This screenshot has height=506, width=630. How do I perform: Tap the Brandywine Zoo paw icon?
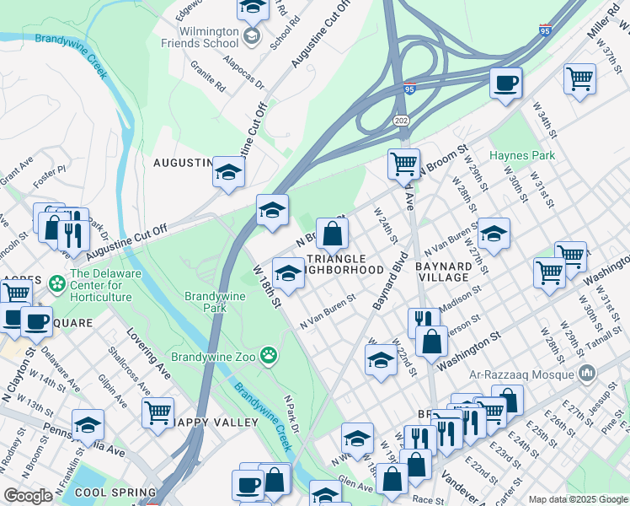(269, 355)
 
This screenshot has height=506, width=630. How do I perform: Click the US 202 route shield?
(400, 121)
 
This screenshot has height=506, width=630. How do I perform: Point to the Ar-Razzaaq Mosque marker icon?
(587, 372)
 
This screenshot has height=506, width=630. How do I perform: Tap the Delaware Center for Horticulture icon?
(57, 283)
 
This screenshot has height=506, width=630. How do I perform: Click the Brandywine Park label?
(206, 302)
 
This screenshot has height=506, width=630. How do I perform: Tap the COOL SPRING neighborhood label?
(115, 492)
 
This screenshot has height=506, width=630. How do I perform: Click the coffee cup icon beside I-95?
(506, 83)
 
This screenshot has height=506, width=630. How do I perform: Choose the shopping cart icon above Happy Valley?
(157, 412)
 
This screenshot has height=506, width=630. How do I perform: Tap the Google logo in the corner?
(28, 496)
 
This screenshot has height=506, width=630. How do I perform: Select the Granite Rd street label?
(207, 74)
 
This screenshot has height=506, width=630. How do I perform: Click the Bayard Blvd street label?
(388, 278)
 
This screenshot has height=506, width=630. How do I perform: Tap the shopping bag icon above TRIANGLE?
(333, 234)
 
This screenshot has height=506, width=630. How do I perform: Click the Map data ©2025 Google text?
(577, 499)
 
